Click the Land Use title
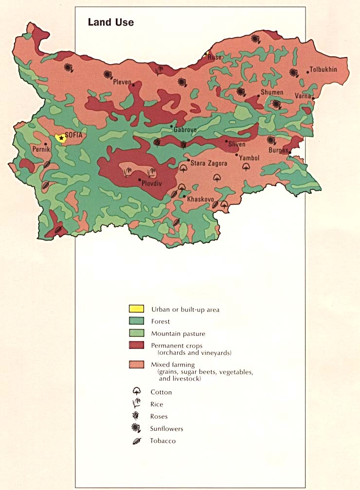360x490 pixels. [x=110, y=22]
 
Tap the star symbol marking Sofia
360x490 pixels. [x=61, y=139]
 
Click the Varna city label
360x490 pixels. [x=303, y=96]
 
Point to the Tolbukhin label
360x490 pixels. [x=324, y=70]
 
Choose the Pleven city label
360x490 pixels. [x=122, y=82]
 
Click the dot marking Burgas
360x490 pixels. [x=290, y=153]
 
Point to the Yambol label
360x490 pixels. [x=249, y=158]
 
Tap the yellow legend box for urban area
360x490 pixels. [x=136, y=309]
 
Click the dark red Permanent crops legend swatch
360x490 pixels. [x=136, y=345]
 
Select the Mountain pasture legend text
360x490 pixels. [x=178, y=333]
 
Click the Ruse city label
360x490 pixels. [x=215, y=57]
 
